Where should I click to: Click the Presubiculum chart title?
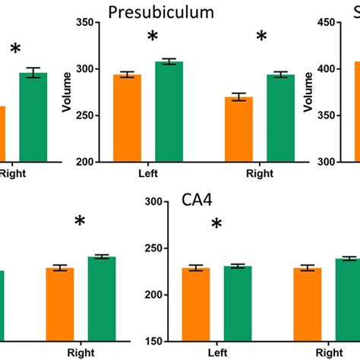pos(171,12)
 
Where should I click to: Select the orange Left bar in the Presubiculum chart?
pos(128,118)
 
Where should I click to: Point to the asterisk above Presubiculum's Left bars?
pos(153,37)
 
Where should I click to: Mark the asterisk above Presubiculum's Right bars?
pos(262,37)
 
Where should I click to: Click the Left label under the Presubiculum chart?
pos(148,173)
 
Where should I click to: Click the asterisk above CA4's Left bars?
pos(216,224)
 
